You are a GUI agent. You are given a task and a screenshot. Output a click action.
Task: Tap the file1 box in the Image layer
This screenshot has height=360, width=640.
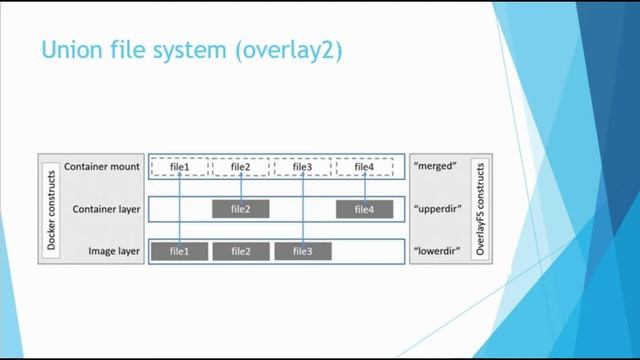(180, 251)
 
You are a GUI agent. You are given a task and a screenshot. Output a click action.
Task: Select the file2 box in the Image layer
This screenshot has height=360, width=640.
(241, 251)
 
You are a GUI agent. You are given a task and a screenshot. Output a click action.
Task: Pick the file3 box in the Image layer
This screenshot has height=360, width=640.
(302, 251)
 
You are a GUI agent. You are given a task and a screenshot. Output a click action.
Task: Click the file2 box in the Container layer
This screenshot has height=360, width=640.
(241, 209)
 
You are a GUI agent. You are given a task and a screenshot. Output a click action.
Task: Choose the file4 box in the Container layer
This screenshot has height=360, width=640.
(364, 209)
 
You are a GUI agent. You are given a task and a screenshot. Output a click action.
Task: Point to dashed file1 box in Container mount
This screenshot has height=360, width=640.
(180, 167)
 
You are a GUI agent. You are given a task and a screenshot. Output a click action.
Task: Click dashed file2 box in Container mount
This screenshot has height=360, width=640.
(241, 167)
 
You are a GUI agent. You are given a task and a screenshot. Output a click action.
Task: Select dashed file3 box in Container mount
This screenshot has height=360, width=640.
(302, 167)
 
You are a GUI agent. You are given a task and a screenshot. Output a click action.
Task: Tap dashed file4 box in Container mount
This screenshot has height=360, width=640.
(364, 167)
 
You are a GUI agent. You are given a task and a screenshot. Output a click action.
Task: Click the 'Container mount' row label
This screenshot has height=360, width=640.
(102, 167)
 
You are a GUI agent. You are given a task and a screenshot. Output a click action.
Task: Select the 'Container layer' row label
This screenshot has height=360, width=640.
(105, 209)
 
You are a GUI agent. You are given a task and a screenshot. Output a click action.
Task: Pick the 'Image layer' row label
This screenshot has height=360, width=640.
(112, 251)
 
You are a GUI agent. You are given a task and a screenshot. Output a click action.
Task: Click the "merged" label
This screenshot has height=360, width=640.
(435, 167)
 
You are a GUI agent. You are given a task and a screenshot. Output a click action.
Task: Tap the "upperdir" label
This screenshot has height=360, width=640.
(437, 209)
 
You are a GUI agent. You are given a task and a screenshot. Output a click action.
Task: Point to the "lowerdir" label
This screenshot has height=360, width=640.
(437, 251)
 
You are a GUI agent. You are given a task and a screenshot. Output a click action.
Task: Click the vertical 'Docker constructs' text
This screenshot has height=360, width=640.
(50, 208)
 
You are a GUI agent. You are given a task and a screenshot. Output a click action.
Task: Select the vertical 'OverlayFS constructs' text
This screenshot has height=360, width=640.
(480, 208)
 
